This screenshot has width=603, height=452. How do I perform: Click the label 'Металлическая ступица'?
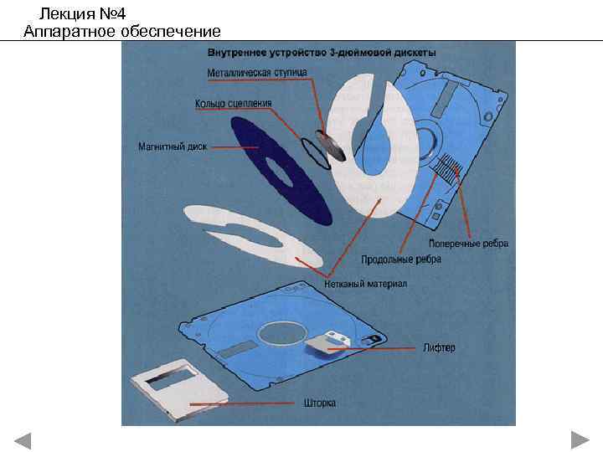coord(257,72)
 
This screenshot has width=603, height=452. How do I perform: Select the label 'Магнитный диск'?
coord(173,147)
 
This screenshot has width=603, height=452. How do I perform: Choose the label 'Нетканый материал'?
coord(365,284)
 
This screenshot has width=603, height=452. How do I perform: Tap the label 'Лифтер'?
coord(439,347)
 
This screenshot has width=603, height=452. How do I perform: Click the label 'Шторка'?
coord(320,403)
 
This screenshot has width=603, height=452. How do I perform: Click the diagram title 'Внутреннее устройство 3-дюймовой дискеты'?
coord(322,53)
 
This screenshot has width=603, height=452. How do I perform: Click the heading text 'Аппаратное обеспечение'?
coord(122,32)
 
